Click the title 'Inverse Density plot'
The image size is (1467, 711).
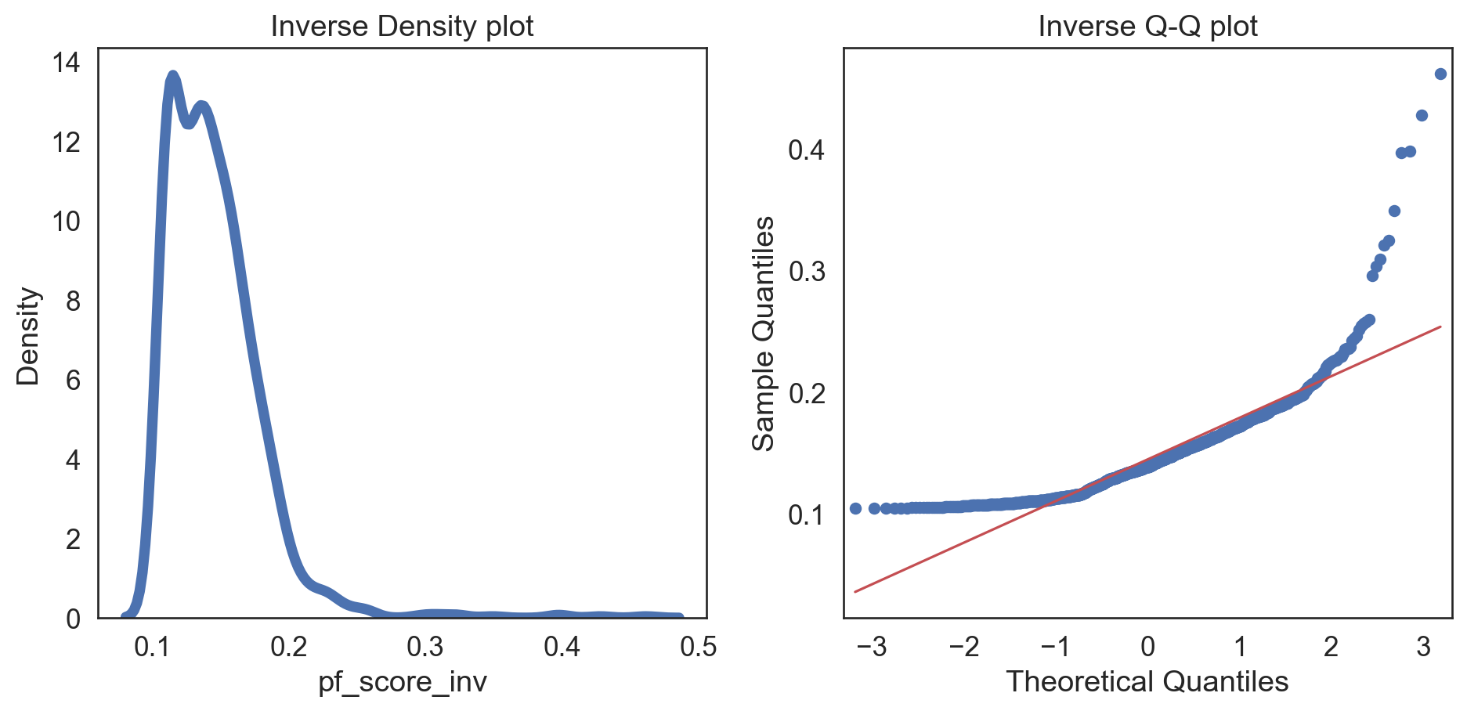[x=402, y=27]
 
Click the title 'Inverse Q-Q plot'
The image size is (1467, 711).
[x=1147, y=27]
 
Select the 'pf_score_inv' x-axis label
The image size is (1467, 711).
[x=402, y=681]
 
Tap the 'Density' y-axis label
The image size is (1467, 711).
[x=28, y=336]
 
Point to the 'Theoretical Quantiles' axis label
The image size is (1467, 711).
[x=1147, y=681]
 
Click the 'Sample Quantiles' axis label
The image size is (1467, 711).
[x=764, y=334]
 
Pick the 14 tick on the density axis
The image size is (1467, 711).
[x=67, y=63]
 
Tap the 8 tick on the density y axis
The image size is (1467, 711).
[x=74, y=301]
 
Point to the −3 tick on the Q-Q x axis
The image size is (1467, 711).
[x=872, y=647]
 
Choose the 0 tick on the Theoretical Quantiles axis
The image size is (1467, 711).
[x=1147, y=647]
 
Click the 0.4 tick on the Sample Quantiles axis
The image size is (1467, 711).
[x=807, y=150]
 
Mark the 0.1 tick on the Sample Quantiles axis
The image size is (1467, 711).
[x=807, y=515]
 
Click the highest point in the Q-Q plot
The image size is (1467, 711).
[x=1440, y=74]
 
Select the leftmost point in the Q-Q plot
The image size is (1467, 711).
[x=855, y=508]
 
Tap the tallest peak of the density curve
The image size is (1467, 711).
[x=173, y=76]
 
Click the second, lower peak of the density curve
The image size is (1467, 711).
[x=202, y=106]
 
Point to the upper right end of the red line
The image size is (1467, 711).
[x=1440, y=327]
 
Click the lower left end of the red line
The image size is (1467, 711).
[x=855, y=591]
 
